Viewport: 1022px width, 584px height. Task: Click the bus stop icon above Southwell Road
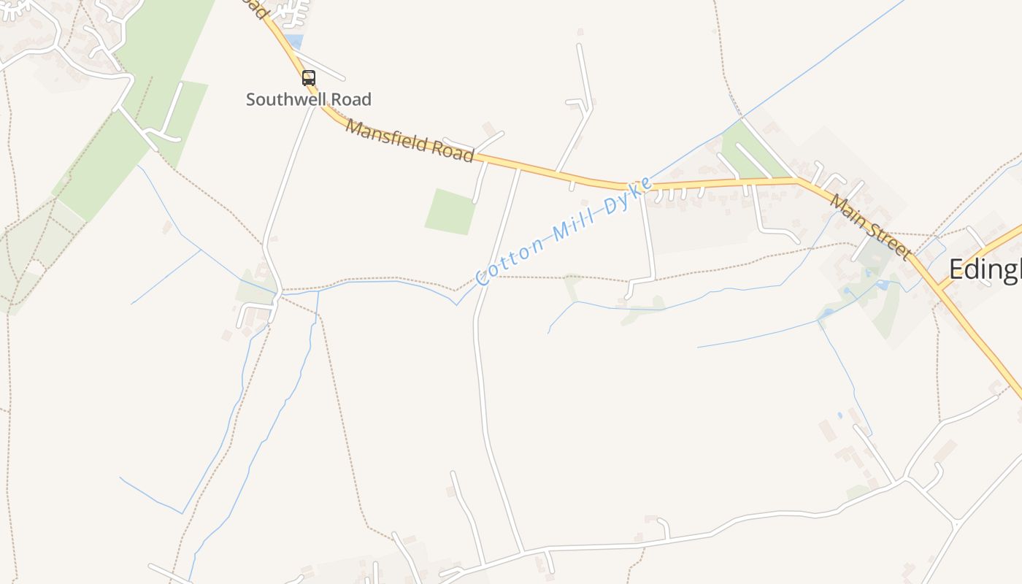pyautogui.click(x=309, y=78)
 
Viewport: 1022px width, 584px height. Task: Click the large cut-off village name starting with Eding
pyautogui.click(x=984, y=270)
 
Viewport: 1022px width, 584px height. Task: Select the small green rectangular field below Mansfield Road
pyautogui.click(x=450, y=212)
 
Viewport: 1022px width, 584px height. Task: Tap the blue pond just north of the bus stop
pyautogui.click(x=293, y=42)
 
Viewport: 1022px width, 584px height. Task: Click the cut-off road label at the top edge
pyautogui.click(x=252, y=7)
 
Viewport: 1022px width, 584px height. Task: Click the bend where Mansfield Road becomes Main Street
pyautogui.click(x=798, y=179)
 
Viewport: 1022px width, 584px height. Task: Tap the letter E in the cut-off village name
pyautogui.click(x=956, y=270)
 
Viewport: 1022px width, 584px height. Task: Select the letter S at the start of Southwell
pyautogui.click(x=251, y=99)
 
